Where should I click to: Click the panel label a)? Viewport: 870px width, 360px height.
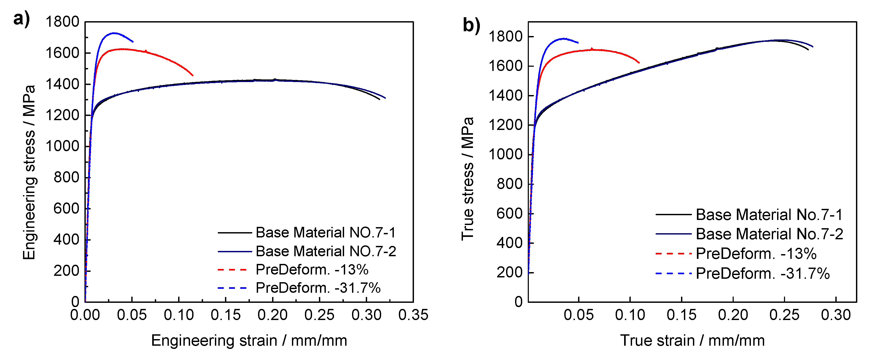pos(21,19)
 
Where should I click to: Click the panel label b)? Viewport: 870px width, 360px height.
pos(471,25)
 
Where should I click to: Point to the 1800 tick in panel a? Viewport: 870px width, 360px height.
pos(62,22)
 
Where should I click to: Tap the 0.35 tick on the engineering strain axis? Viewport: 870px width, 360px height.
pos(413,315)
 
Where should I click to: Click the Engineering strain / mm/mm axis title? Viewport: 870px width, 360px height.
pos(249,340)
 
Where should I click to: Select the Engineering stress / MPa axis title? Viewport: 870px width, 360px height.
pos(29,172)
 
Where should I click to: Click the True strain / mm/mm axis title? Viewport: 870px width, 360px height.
pos(692,340)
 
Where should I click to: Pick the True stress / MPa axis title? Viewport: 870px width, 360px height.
pos(468,179)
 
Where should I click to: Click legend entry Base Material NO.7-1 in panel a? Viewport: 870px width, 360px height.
pos(325,233)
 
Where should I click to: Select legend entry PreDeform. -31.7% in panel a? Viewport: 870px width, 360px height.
pos(318,288)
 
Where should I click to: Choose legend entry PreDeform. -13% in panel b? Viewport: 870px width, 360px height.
pos(756,254)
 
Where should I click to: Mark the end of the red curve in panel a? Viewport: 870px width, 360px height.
pos(193,76)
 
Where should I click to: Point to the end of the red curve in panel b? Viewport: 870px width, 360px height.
pos(639,63)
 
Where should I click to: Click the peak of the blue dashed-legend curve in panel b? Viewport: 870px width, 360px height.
pos(563,38)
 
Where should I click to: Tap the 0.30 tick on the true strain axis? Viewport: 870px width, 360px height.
pos(836,315)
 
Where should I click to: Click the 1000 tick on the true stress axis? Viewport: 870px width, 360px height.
pos(505,155)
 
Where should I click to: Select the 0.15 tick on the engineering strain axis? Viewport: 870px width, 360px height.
pos(226,315)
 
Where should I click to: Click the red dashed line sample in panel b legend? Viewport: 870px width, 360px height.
pos(673,253)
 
